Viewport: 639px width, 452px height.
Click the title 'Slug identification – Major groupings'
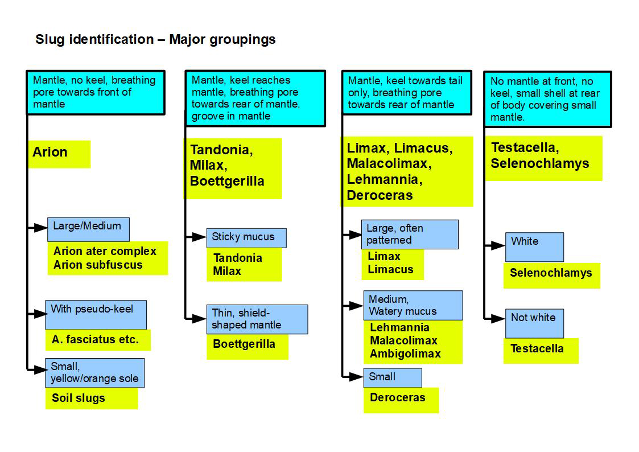(x=155, y=39)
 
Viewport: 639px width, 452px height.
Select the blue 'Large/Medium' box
(x=88, y=229)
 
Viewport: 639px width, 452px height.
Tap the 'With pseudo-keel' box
(x=96, y=314)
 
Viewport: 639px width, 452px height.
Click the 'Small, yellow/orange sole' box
(x=94, y=373)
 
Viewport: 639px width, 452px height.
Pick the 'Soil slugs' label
(x=79, y=398)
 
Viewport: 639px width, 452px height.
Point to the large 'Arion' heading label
(x=51, y=153)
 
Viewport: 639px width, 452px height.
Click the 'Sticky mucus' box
(x=246, y=237)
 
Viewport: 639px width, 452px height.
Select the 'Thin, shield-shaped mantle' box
(x=257, y=319)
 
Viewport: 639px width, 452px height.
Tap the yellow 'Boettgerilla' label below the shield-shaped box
(x=244, y=344)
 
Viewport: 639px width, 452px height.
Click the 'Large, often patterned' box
(x=410, y=235)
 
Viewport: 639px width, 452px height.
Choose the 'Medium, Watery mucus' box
(x=413, y=305)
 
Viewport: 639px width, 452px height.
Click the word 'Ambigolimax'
(x=405, y=354)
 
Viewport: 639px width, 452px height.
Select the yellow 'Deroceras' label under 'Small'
(x=397, y=398)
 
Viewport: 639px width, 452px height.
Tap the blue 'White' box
(x=534, y=246)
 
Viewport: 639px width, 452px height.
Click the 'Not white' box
(x=534, y=323)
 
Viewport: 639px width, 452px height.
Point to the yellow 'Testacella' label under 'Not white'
(x=537, y=349)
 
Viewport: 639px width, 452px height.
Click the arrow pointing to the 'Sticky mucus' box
(x=197, y=237)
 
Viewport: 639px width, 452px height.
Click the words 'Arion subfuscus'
(x=98, y=265)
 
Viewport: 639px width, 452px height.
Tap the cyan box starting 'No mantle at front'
(x=547, y=99)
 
